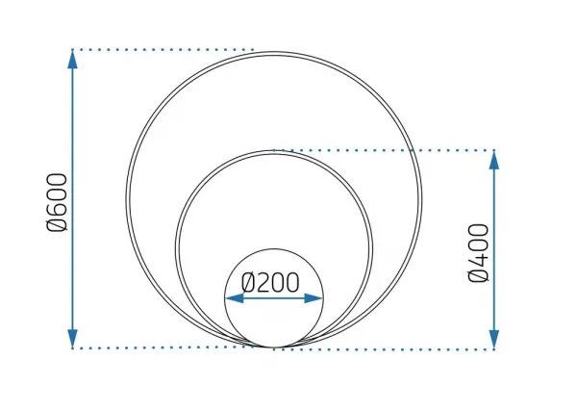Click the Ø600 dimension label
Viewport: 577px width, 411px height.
tap(58, 202)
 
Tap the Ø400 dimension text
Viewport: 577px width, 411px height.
tap(479, 252)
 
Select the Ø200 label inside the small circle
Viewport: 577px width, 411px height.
tap(270, 283)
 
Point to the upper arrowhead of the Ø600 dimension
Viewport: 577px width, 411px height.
tap(73, 60)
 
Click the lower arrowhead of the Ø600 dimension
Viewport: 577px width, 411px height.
tap(73, 338)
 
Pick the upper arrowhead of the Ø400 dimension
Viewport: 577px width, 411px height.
tap(494, 160)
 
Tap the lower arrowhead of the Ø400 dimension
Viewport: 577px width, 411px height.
tap(494, 339)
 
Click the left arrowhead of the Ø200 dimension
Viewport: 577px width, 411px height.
tap(235, 298)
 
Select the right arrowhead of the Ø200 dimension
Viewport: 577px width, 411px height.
tap(314, 298)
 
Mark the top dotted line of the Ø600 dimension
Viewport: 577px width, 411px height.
tap(163, 49)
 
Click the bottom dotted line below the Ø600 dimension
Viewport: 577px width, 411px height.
tap(163, 347)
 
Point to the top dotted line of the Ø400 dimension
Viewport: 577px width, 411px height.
tap(384, 150)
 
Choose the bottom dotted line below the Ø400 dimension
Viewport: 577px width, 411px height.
tap(384, 349)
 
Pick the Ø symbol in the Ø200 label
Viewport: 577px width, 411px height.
tap(248, 283)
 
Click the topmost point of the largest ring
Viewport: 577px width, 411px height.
tap(274, 53)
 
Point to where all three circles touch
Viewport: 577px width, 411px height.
tap(274, 347)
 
